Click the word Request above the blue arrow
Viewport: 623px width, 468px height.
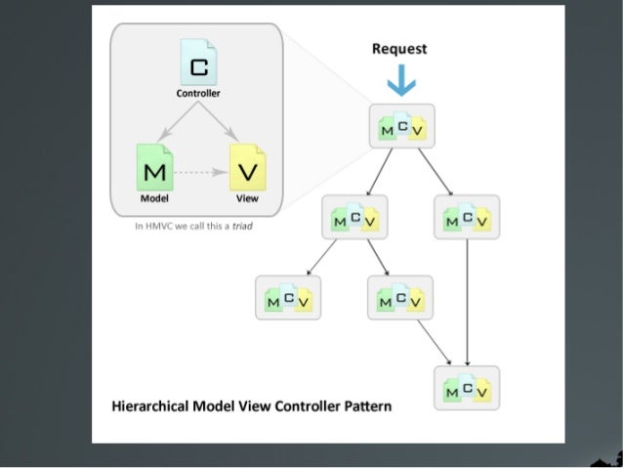pos(400,49)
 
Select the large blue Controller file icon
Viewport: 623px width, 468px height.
pos(198,64)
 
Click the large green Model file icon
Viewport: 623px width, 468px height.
pos(154,168)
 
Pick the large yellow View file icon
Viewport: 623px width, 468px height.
pos(247,168)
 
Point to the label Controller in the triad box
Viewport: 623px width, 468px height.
pos(198,94)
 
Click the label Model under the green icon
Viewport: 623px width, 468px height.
pos(154,197)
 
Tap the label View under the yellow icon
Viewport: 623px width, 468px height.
pos(247,197)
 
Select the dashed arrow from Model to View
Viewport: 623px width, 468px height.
pos(200,171)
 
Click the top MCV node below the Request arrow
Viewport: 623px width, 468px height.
pos(401,126)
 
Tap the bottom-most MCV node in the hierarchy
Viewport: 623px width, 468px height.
pos(466,388)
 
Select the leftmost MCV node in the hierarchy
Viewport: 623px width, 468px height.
pos(288,297)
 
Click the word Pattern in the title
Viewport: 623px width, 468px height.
pos(365,406)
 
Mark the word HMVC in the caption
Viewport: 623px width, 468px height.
pos(157,225)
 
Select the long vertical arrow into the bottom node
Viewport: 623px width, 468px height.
pos(468,303)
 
